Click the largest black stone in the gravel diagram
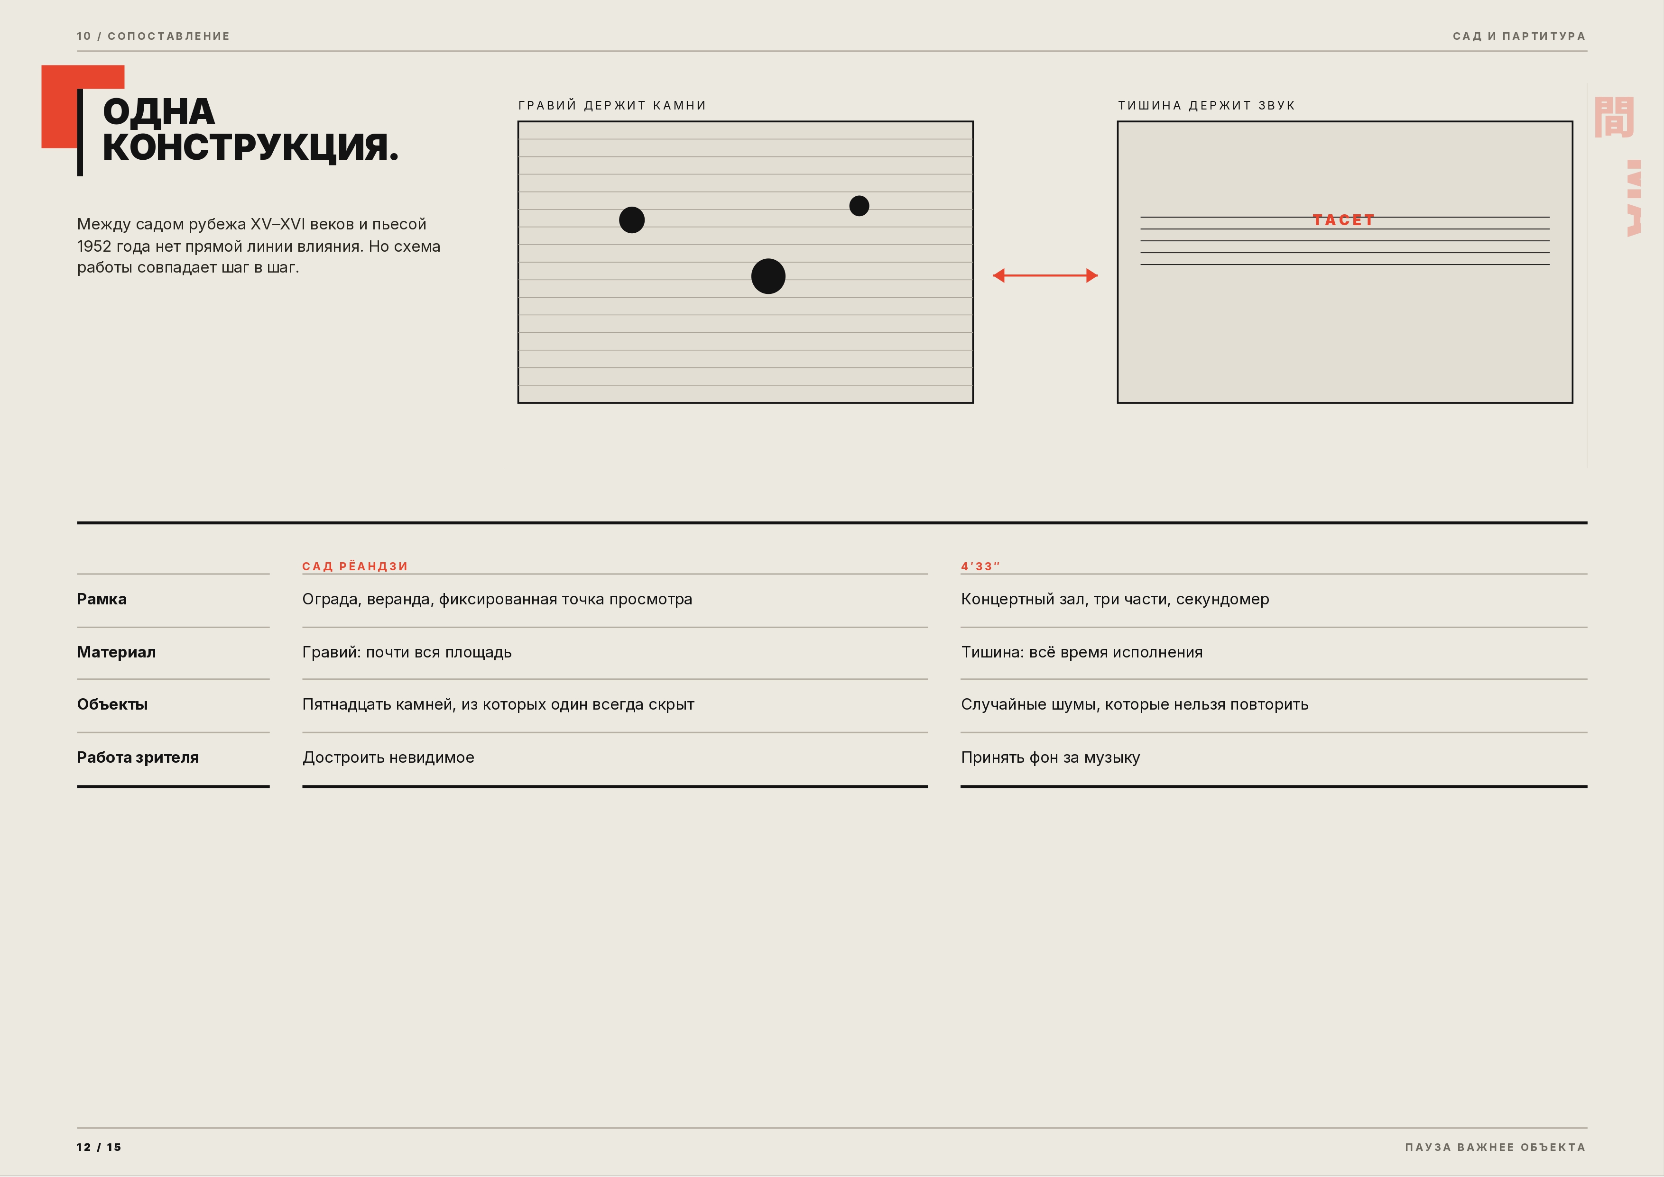point(768,276)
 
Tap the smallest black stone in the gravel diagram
point(859,206)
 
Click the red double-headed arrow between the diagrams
point(1045,275)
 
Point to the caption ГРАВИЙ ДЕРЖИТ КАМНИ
point(612,106)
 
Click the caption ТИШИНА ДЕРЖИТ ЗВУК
point(1206,106)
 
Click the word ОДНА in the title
point(159,112)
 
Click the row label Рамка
point(102,599)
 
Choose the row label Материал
point(116,652)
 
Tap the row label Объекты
point(112,704)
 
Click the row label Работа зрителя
point(138,757)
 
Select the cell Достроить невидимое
point(388,757)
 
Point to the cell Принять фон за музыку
point(1050,757)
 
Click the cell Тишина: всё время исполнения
point(1081,652)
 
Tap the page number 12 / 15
point(99,1147)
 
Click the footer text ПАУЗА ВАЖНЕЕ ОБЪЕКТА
point(1495,1147)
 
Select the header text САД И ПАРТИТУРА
point(1519,36)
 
